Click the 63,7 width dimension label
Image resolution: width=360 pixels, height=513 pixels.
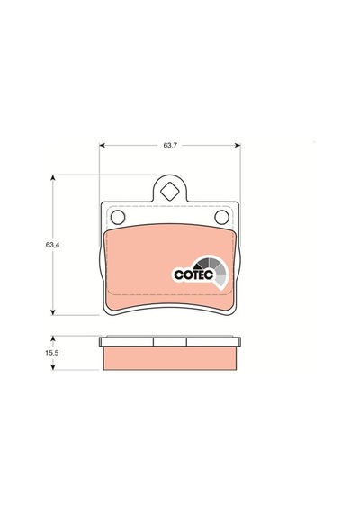tap(170, 145)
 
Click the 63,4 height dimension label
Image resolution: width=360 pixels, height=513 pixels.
tap(52, 245)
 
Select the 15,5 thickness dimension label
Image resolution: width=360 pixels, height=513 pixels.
tap(51, 353)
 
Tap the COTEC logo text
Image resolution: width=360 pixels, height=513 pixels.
tap(193, 274)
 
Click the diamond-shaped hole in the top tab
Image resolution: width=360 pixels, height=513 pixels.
tap(170, 192)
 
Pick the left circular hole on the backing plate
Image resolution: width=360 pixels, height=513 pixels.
tap(118, 217)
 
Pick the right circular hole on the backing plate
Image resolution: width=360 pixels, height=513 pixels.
tap(221, 217)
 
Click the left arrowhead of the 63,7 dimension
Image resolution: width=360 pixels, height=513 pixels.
tap(102, 145)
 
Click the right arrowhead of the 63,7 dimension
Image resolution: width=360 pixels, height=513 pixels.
tap(238, 145)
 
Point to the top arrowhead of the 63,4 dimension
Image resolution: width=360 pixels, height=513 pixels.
tap(53, 177)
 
